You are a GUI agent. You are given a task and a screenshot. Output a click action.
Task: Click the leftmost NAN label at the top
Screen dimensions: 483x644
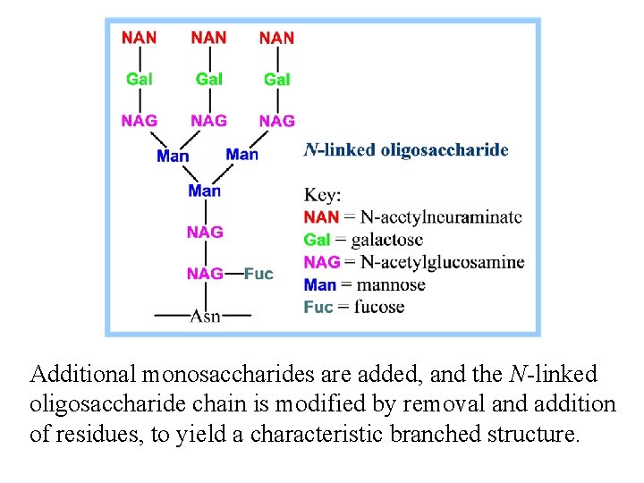point(139,38)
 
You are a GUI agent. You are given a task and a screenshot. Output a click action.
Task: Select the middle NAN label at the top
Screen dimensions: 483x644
point(208,38)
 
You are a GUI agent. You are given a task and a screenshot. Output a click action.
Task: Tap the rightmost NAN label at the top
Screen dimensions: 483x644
point(276,38)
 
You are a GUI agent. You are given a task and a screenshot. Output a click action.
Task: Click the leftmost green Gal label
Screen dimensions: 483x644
point(139,79)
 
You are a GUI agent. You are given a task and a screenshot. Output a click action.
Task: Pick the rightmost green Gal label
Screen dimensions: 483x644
point(276,79)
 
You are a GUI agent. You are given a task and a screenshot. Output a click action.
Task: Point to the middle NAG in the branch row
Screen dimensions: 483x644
point(208,120)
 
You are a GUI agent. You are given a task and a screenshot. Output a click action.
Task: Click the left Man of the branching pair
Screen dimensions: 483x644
point(173,156)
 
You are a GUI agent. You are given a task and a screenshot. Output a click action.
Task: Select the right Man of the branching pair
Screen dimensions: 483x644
point(241,155)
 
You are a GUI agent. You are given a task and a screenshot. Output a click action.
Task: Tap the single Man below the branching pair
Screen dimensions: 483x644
point(204,191)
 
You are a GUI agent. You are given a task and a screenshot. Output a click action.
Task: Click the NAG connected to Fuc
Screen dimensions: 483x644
point(205,274)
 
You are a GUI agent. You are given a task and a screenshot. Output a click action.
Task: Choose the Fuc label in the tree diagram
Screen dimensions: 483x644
point(258,274)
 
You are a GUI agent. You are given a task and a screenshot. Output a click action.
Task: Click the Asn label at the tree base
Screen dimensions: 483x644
point(205,315)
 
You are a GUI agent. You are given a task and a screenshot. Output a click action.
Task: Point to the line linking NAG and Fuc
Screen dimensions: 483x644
point(233,274)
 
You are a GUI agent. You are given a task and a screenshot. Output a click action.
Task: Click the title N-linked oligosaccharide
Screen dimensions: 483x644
point(406,150)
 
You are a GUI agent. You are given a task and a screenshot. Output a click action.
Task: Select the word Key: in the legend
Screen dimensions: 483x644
point(323,195)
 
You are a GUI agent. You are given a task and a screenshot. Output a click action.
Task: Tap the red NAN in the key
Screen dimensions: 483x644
point(321,217)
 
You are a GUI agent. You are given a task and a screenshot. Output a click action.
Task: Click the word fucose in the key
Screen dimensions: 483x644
point(379,307)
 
